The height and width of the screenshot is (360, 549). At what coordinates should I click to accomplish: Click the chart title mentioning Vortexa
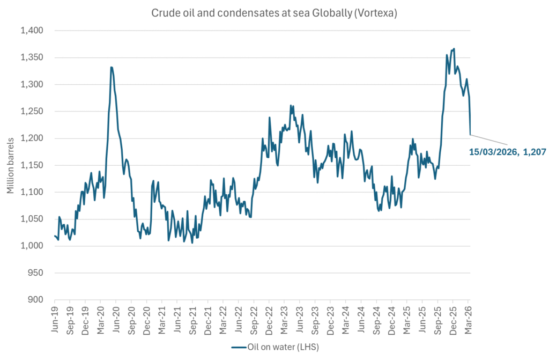coord(274,14)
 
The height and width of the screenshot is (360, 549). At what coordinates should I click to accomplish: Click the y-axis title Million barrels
coord(11,165)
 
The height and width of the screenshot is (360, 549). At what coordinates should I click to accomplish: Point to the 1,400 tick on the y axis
coord(39,31)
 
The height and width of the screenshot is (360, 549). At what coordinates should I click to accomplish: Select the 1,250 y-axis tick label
coord(39,112)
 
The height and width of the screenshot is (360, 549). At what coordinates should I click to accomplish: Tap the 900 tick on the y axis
coord(42,300)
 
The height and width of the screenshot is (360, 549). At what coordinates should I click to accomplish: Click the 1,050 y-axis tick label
coord(39,219)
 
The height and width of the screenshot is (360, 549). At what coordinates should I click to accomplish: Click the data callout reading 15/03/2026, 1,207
coord(507,152)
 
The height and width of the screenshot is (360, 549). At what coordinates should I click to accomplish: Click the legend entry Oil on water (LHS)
coord(274,347)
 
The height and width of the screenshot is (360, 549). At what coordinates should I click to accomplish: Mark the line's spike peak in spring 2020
coord(111,67)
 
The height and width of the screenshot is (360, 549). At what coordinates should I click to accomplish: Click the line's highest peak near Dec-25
coord(454,49)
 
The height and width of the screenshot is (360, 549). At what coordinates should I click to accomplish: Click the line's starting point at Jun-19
coord(55,236)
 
